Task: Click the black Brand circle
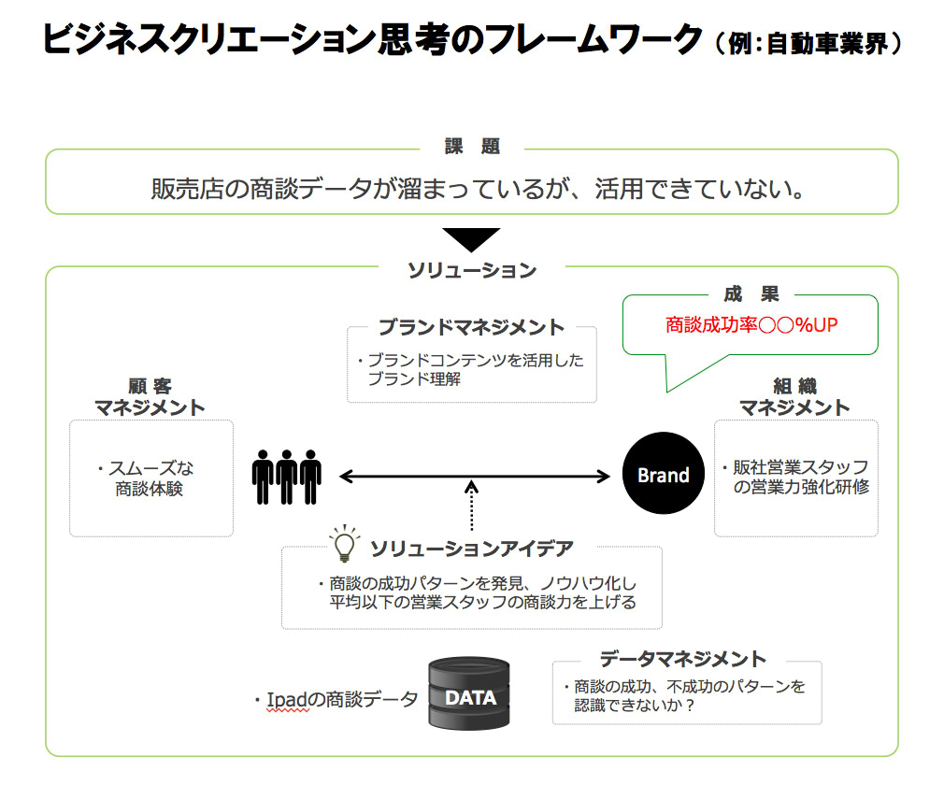(663, 475)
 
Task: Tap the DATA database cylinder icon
(469, 694)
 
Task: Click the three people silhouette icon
(286, 477)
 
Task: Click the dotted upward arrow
(472, 509)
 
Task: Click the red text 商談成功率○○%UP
(751, 325)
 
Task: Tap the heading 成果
(751, 294)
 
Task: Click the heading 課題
(472, 147)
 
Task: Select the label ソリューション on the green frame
(472, 270)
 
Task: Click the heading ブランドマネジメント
(471, 327)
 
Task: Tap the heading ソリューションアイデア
(471, 548)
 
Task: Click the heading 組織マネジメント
(795, 396)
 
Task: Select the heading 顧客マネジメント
(150, 396)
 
